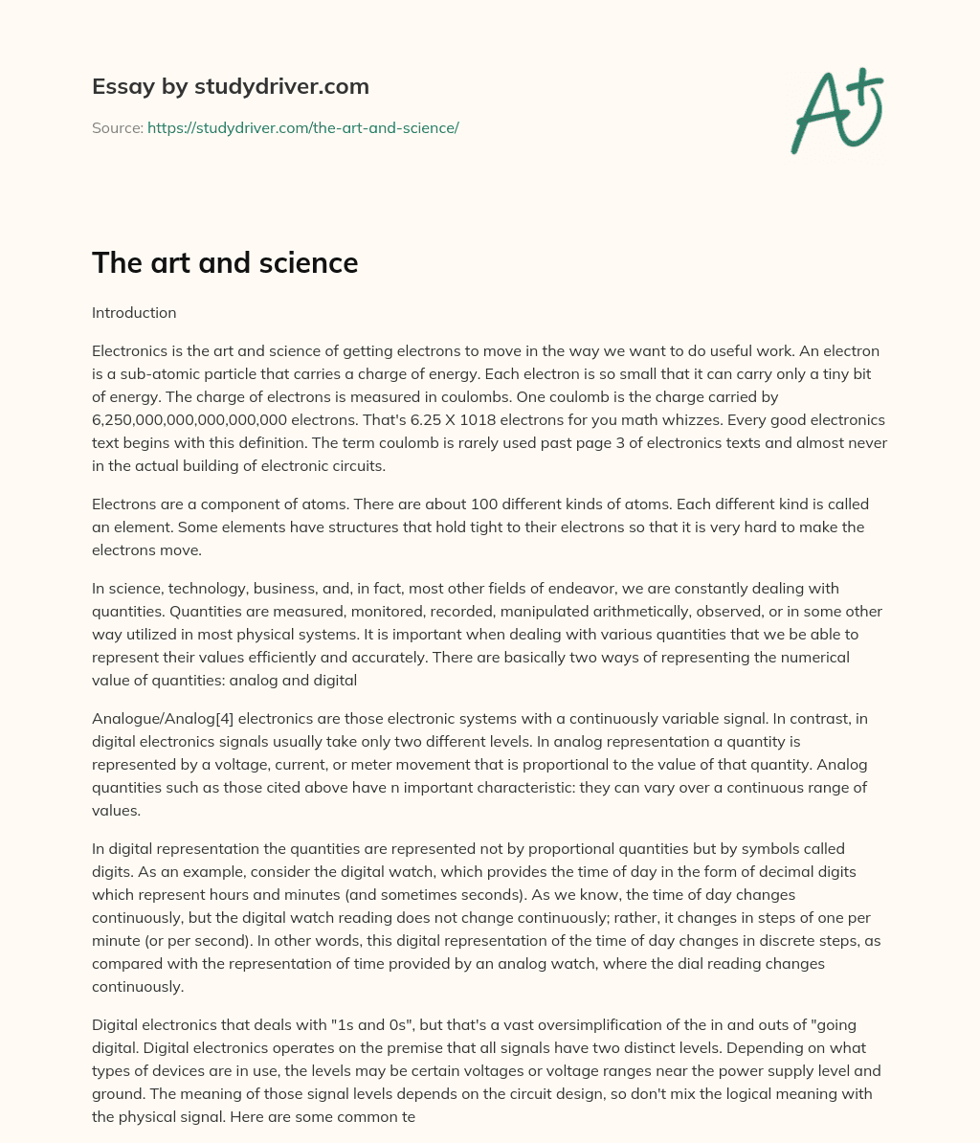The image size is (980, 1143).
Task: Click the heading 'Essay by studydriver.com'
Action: click(x=230, y=86)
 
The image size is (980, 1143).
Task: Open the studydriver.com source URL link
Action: click(x=302, y=127)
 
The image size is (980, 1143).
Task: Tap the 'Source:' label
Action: click(x=117, y=127)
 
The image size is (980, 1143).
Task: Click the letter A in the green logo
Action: click(x=819, y=115)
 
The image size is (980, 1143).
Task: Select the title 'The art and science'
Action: click(x=225, y=263)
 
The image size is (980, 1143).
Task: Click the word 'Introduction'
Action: click(x=134, y=312)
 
